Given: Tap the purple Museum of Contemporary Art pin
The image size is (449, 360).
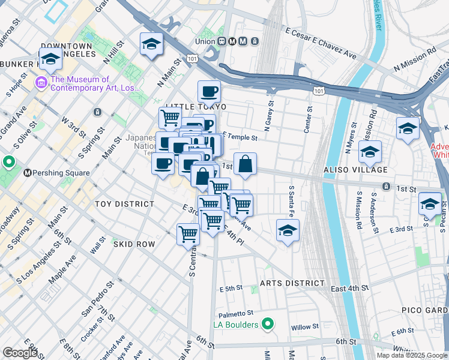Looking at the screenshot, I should tap(42, 82).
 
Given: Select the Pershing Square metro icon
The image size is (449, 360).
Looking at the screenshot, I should tap(26, 173).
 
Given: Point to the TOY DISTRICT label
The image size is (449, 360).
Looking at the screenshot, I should tap(124, 204).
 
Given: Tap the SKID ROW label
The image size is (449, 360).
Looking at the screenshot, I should tap(134, 244).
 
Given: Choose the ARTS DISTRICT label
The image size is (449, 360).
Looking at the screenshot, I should tap(292, 283).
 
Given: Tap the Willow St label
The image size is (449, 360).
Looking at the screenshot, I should tap(303, 328).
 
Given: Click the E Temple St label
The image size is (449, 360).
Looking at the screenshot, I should tap(240, 137).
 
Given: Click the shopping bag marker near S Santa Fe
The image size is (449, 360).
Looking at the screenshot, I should tap(246, 164).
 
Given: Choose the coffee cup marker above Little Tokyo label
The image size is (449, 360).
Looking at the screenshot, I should tap(209, 92).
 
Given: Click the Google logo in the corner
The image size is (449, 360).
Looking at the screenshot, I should tap(20, 353).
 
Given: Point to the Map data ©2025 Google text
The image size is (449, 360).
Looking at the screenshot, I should tap(411, 355).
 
